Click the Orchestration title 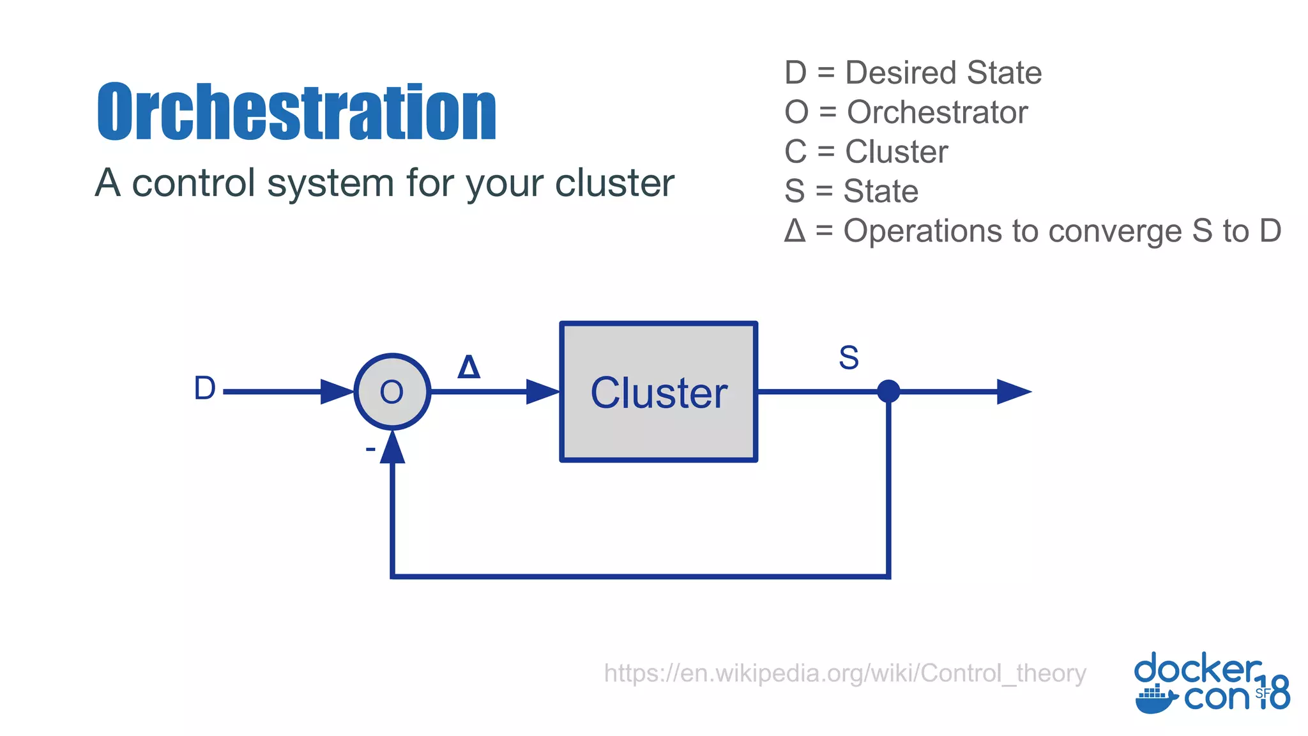point(296,112)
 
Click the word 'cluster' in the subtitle point(614,183)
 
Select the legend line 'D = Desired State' point(913,72)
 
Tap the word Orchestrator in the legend point(937,112)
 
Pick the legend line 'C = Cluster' point(866,152)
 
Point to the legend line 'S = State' point(851,191)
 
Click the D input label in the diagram point(204,388)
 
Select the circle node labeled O point(392,392)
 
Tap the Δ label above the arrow point(469,367)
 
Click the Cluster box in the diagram point(658,392)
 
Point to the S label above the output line point(849,358)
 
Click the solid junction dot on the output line point(888,391)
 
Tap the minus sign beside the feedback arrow point(370,450)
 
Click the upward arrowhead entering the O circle point(392,447)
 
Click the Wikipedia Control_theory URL point(845,673)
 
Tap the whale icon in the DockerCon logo point(1155,700)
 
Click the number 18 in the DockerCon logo point(1275,693)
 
